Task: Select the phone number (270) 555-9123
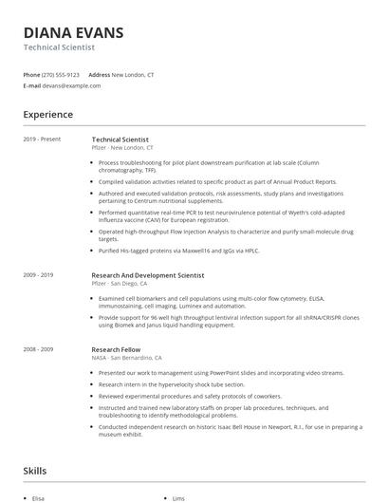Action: tap(61, 74)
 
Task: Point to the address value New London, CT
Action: tap(134, 74)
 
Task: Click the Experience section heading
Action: tap(47, 115)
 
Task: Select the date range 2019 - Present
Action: tap(42, 140)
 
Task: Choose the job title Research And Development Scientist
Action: tap(147, 275)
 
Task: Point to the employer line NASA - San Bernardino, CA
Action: tap(126, 358)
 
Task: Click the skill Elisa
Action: tap(38, 498)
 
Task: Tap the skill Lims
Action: tap(178, 498)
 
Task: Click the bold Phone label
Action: tap(31, 74)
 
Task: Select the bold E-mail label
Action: tap(32, 85)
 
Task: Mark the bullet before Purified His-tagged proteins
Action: tap(94, 251)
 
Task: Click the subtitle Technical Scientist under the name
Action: tap(59, 47)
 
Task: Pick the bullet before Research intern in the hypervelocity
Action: tap(94, 385)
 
